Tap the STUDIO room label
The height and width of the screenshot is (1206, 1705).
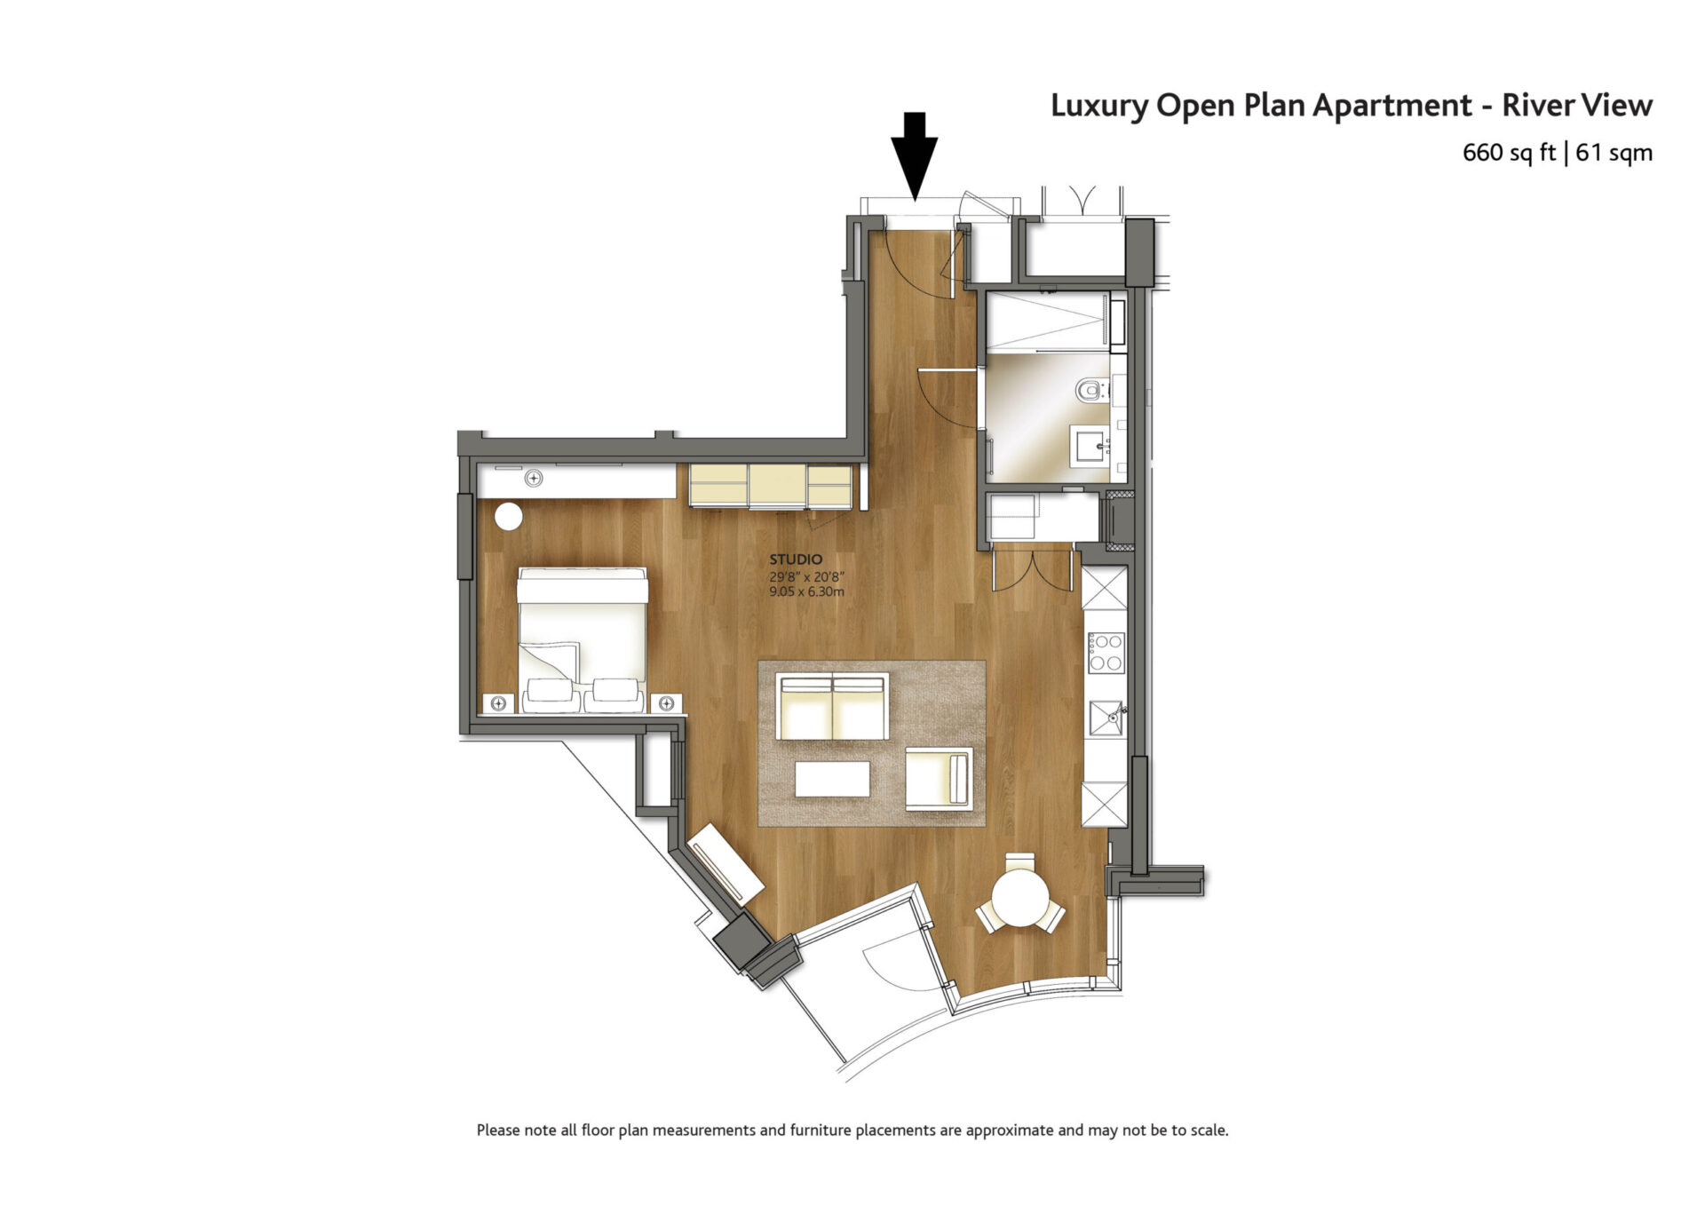[x=796, y=559]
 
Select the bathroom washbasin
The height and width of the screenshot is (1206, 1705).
[x=1090, y=446]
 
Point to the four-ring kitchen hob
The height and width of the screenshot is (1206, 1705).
[x=1106, y=652]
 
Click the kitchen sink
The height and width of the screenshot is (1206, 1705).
[x=1106, y=718]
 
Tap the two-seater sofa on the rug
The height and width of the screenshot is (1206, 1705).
[x=832, y=706]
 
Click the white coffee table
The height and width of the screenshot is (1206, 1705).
[x=832, y=779]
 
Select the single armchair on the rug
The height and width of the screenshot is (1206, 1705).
[x=939, y=779]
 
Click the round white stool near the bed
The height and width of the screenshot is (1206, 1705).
[x=509, y=517]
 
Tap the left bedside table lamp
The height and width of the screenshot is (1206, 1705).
[x=498, y=704]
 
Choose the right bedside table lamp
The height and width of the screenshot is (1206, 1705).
[x=666, y=704]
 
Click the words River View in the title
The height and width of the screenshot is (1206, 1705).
[x=1577, y=106]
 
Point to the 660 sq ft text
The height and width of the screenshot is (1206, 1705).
[x=1509, y=153]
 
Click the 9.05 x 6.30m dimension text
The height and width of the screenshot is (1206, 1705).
[x=806, y=591]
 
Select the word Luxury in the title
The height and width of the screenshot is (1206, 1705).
[x=1099, y=107]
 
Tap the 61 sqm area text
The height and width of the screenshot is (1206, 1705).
[x=1614, y=153]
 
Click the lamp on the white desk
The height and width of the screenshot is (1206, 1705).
[x=534, y=479]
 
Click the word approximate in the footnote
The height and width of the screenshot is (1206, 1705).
[x=1010, y=1131]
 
